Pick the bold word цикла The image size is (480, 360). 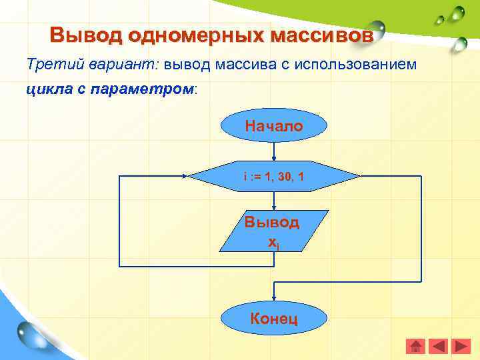pyautogui.click(x=47, y=89)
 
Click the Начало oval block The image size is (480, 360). pyautogui.click(x=273, y=126)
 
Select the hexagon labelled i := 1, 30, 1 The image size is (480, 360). pyautogui.click(x=273, y=177)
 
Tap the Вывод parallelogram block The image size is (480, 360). pyautogui.click(x=273, y=231)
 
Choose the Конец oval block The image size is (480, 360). pyautogui.click(x=273, y=318)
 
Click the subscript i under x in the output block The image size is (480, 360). pyautogui.click(x=278, y=247)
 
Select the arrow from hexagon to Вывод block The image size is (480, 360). pyautogui.click(x=273, y=202)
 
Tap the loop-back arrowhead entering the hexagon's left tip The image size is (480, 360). pyautogui.click(x=185, y=177)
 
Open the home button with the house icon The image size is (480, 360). pyautogui.click(x=415, y=346)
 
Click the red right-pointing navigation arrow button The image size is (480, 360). pyautogui.click(x=461, y=346)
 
